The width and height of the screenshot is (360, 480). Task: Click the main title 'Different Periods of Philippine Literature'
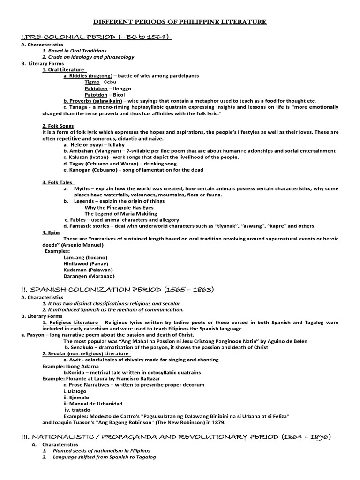pos(180,22)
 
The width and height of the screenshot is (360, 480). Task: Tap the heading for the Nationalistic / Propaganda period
pos(176,437)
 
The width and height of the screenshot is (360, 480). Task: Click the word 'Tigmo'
pos(92,82)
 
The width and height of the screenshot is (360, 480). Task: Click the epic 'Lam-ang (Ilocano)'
pos(85,257)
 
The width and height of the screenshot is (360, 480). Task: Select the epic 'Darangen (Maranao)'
pos(88,276)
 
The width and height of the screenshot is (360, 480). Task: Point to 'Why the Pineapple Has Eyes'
pos(119,207)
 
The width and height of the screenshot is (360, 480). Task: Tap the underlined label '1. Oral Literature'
pos(63,69)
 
